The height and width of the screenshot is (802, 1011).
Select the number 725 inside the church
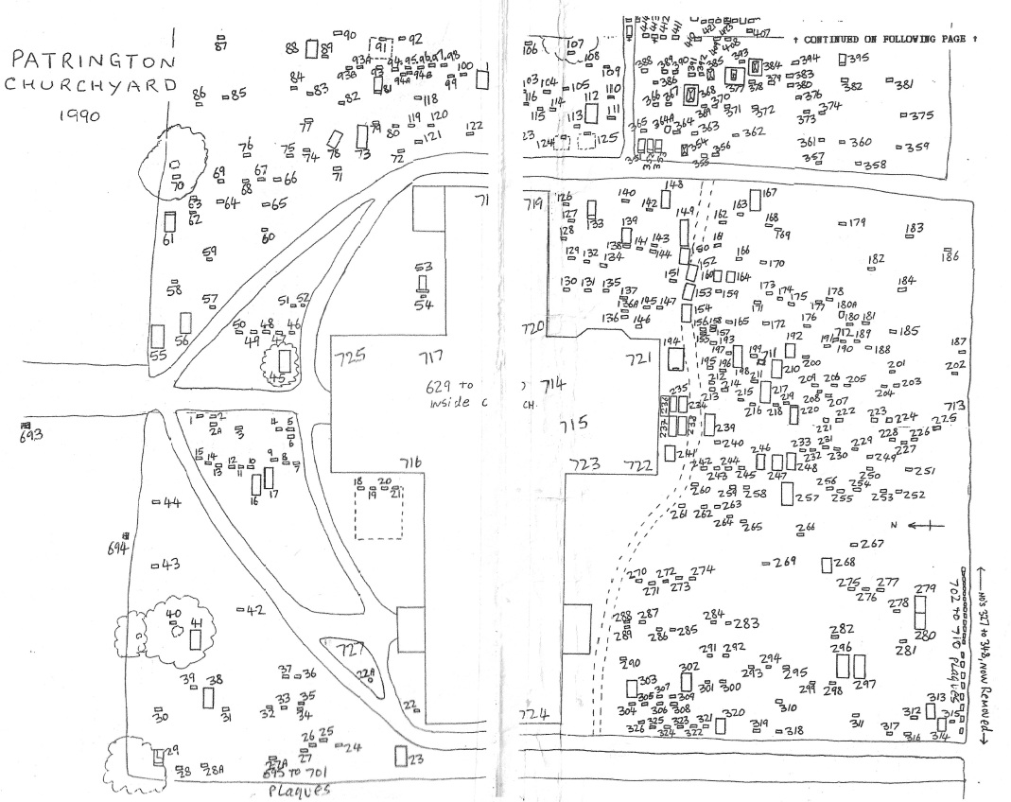350,357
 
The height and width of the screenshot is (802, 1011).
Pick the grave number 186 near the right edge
950,256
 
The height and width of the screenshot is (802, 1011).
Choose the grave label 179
857,223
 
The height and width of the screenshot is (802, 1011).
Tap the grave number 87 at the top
222,44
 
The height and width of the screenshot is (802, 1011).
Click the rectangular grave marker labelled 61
169,223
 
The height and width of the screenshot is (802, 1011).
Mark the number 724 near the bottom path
532,714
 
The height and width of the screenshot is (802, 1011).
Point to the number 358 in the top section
875,166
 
